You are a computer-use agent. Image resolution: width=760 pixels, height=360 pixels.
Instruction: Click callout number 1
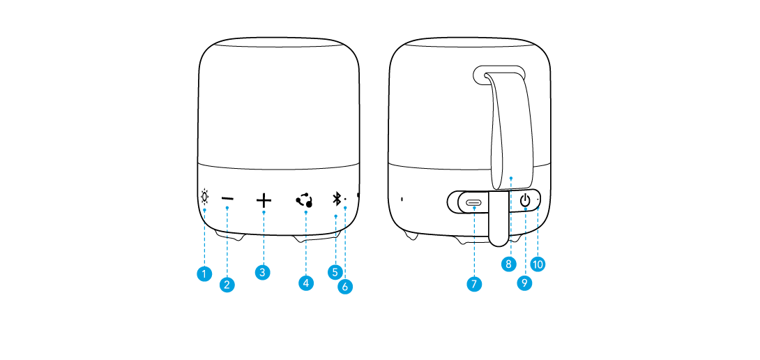[x=203, y=274]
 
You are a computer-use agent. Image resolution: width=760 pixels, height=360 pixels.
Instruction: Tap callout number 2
[x=227, y=284]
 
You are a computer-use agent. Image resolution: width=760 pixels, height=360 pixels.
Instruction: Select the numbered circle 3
[x=262, y=273]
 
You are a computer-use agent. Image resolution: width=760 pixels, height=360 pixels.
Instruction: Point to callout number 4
[x=305, y=283]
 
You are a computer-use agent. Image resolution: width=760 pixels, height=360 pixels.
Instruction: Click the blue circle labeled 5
[x=335, y=271]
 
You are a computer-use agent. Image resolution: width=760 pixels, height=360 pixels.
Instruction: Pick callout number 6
[x=345, y=285]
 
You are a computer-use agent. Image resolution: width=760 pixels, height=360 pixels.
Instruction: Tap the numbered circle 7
[x=474, y=284]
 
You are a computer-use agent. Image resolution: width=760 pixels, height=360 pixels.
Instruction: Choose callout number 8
[x=509, y=264]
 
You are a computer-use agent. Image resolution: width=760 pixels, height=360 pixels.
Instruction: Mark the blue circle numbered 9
[x=524, y=283]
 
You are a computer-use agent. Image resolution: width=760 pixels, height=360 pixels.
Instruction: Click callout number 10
[x=538, y=264]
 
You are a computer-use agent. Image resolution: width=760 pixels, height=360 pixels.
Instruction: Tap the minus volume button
[x=228, y=200]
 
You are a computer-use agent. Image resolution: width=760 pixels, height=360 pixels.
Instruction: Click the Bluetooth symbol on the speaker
[x=336, y=200]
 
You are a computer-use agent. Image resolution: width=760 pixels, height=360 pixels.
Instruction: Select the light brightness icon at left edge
[x=204, y=197]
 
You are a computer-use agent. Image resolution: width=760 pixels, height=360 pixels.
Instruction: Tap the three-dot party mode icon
[x=304, y=200]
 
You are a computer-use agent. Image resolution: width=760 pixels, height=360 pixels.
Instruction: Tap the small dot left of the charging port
[x=402, y=199]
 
